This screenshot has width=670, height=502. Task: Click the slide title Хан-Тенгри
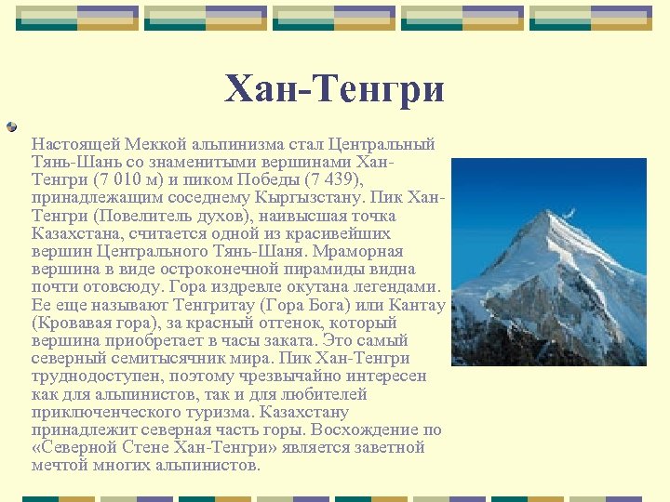pyautogui.click(x=335, y=89)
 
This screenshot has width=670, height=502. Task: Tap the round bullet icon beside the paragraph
pyautogui.click(x=11, y=126)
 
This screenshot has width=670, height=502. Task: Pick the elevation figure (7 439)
pyautogui.click(x=327, y=180)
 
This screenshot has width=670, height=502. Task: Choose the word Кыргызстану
pyautogui.click(x=312, y=198)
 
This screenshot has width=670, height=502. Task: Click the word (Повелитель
pyautogui.click(x=145, y=216)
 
